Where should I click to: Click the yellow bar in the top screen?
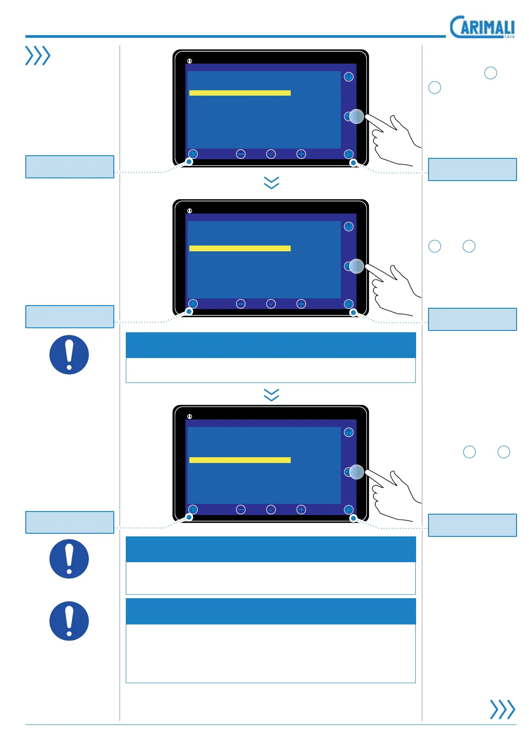click(240, 93)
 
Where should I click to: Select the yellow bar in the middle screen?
click(240, 248)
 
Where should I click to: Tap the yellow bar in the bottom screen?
click(240, 460)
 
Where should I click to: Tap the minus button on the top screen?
click(240, 154)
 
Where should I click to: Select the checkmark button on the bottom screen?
click(271, 510)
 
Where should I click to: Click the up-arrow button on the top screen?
click(349, 77)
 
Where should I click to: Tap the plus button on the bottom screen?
click(301, 510)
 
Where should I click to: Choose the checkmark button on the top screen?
click(271, 154)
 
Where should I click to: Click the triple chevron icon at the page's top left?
click(38, 56)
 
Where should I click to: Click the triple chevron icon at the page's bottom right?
click(502, 709)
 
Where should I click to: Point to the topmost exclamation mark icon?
click(69, 354)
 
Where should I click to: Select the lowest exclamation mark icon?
click(69, 621)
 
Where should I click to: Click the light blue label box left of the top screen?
click(70, 167)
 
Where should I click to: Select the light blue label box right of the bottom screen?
click(472, 525)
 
